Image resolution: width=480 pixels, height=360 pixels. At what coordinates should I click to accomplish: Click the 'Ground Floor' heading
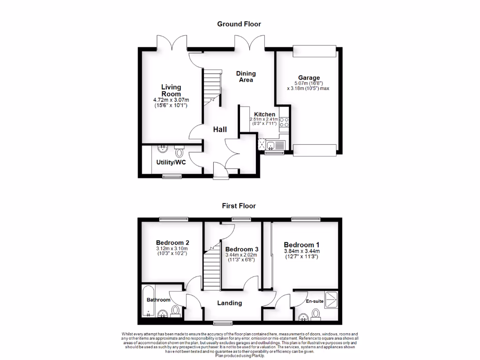(x=239, y=24)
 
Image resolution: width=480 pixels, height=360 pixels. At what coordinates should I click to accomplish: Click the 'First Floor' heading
(x=239, y=206)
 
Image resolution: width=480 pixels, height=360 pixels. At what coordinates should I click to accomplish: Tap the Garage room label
(x=309, y=78)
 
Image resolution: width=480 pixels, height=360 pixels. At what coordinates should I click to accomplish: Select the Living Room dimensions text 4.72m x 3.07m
(x=171, y=100)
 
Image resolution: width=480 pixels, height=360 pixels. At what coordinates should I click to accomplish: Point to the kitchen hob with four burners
(x=284, y=122)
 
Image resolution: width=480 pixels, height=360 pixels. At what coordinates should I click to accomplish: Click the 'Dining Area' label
(x=246, y=76)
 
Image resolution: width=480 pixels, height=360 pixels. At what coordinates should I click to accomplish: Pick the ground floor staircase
(x=211, y=87)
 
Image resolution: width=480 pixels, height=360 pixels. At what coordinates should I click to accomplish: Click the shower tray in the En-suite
(x=331, y=299)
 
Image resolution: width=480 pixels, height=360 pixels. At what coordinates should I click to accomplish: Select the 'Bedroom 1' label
(x=302, y=245)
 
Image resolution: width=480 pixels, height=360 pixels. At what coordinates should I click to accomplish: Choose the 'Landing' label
(x=230, y=303)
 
